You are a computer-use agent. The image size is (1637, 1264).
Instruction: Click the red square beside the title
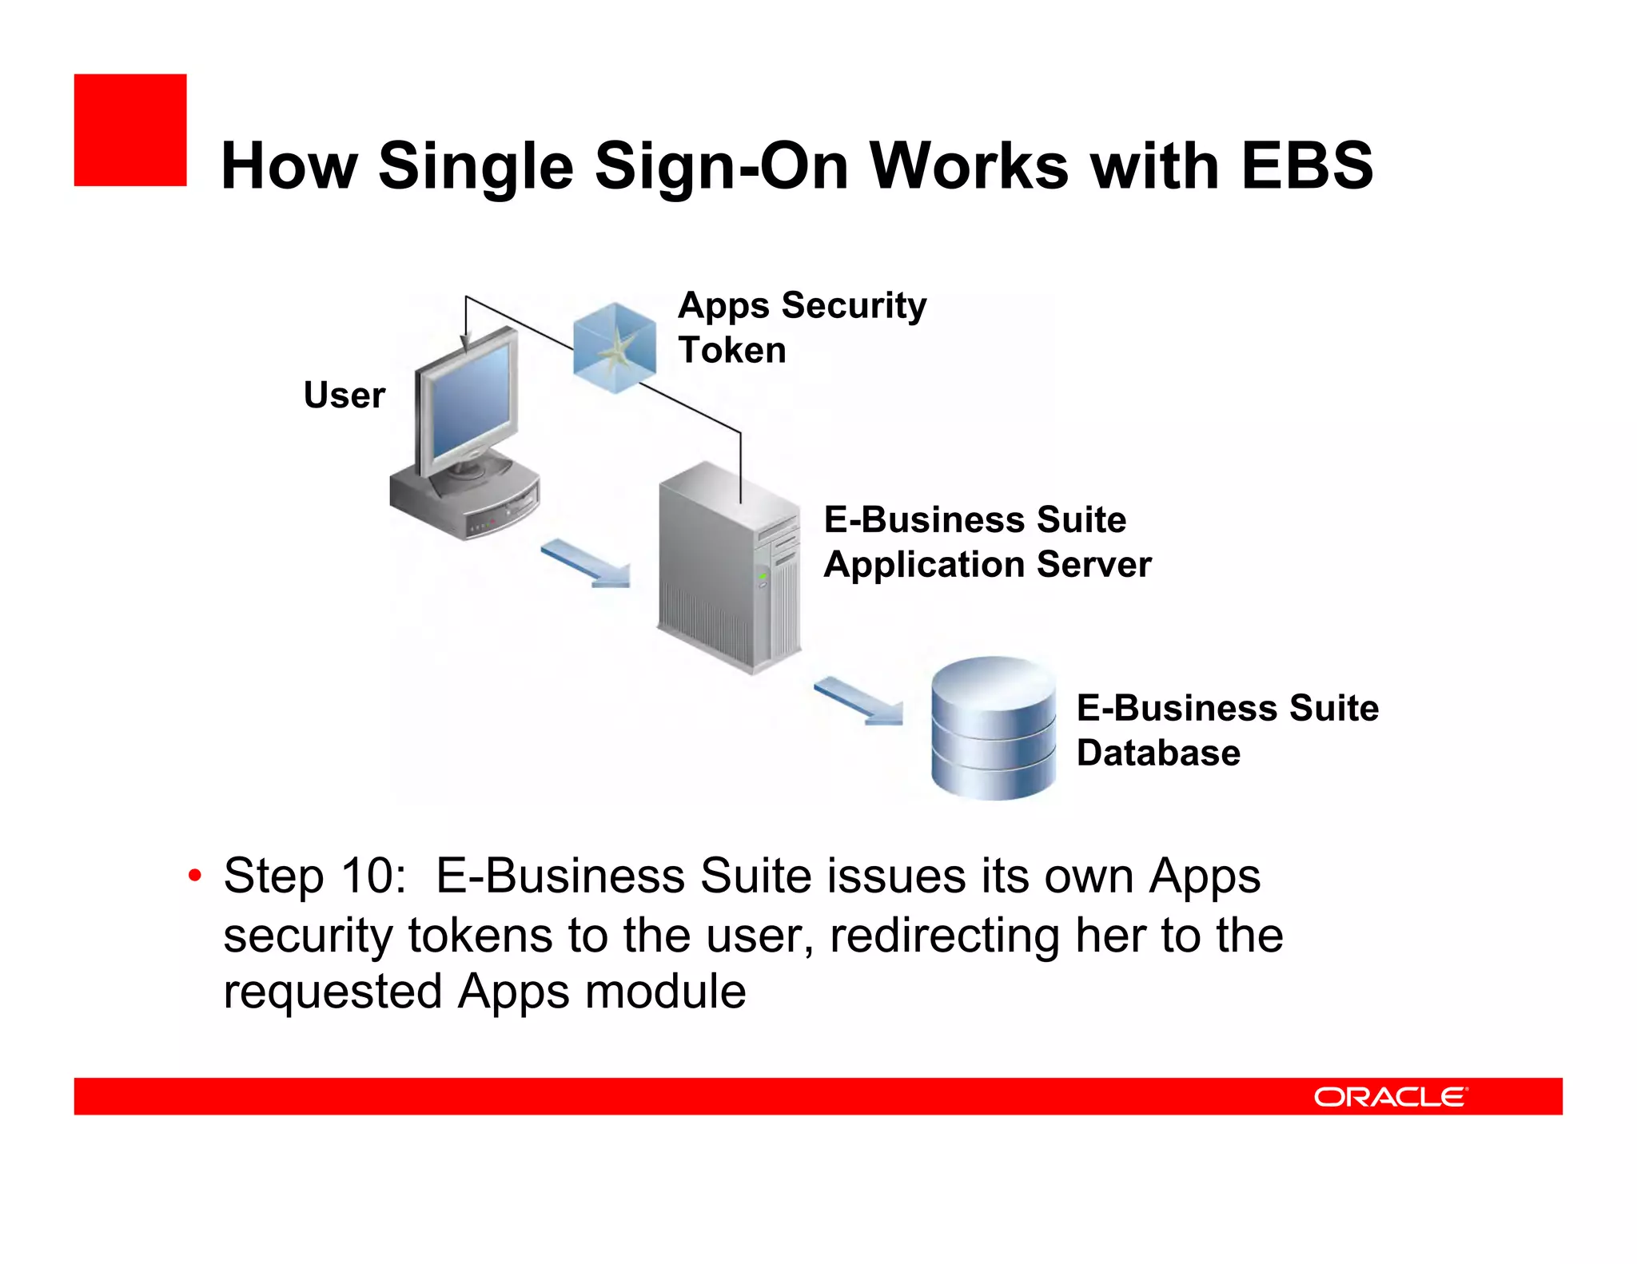[129, 130]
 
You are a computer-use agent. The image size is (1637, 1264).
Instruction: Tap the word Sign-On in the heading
[722, 166]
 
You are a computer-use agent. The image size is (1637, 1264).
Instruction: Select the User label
[344, 395]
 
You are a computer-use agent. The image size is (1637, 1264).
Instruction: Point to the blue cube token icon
[614, 348]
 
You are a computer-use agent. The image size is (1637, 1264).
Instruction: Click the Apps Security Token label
[802, 328]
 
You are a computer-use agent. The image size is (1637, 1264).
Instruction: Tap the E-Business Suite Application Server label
[987, 542]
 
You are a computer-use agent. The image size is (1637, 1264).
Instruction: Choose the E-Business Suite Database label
[1227, 730]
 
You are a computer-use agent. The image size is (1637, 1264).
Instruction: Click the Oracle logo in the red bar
[1390, 1096]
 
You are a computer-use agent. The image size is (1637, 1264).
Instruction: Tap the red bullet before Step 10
[194, 876]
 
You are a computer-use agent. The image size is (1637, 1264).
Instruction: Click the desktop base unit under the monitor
[464, 499]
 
